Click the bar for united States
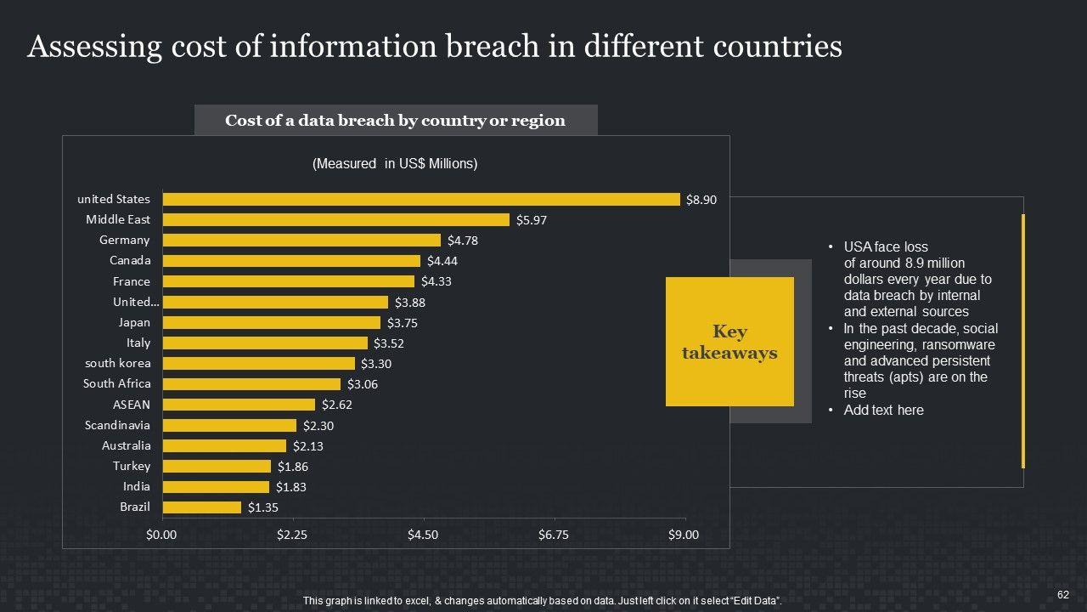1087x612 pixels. [x=421, y=199]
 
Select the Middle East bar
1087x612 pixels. [x=335, y=219]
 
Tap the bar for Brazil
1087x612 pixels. [x=202, y=507]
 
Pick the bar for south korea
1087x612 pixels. [x=258, y=364]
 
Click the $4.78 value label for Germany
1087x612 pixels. [x=463, y=241]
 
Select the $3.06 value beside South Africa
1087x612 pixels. [x=363, y=384]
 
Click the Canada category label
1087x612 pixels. [x=130, y=260]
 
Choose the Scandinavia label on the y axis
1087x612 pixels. [x=117, y=425]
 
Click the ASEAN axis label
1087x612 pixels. [x=132, y=405]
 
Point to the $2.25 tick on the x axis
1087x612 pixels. [x=292, y=535]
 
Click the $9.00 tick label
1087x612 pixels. [x=684, y=535]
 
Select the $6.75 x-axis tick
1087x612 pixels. [x=554, y=535]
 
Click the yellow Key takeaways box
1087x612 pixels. [x=729, y=342]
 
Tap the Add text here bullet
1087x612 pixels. [x=883, y=411]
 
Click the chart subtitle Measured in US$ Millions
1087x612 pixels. [x=395, y=164]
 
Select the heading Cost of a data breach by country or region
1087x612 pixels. [x=395, y=121]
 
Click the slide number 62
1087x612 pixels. [x=1062, y=594]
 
